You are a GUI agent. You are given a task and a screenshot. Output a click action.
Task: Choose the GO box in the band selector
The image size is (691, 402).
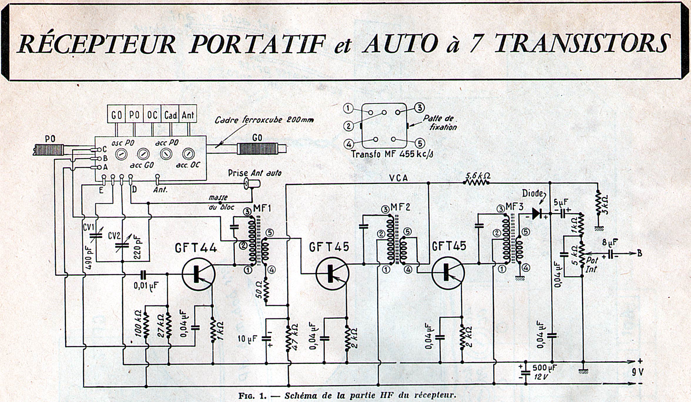click(117, 115)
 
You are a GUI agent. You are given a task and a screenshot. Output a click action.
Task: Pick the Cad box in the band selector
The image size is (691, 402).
click(170, 115)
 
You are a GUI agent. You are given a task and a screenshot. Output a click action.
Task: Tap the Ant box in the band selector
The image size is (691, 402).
click(188, 115)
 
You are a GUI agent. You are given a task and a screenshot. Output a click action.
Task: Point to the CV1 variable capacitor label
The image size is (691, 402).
click(88, 227)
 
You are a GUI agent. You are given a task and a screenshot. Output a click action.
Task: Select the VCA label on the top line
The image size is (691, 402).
click(398, 178)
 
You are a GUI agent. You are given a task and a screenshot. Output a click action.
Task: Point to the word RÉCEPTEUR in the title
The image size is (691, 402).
click(97, 43)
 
